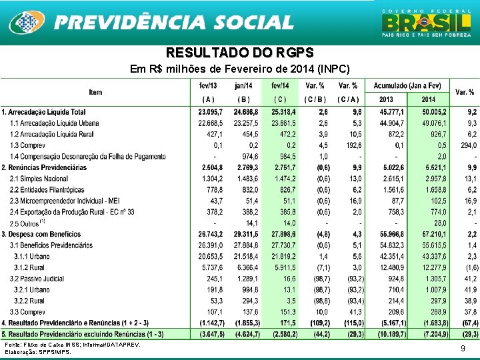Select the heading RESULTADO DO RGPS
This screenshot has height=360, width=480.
(239, 53)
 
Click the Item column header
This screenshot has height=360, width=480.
(95, 91)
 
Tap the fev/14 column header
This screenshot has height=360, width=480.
(280, 86)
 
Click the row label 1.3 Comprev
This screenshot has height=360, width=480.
(27, 145)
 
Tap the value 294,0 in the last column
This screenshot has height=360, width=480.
(467, 145)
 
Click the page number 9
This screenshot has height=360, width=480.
(463, 348)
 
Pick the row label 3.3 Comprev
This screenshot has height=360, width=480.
(27, 311)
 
